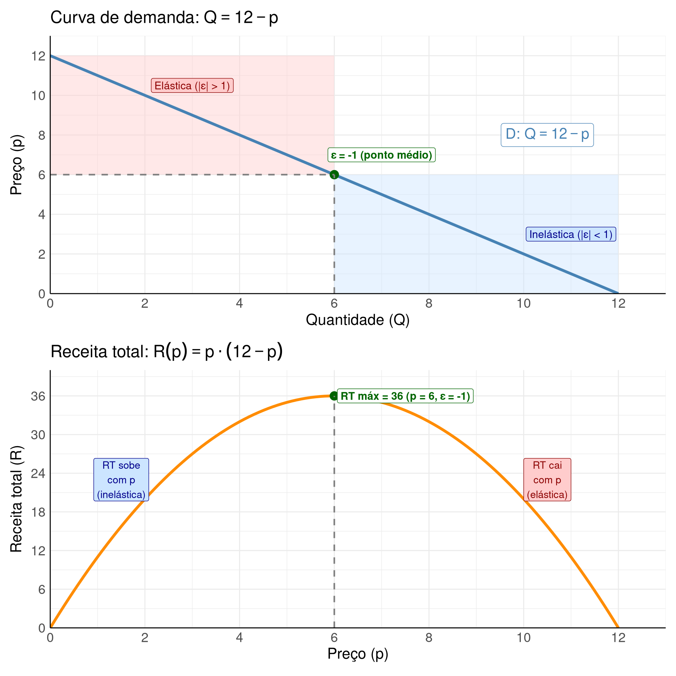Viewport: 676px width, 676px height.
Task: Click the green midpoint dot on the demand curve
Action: (334, 175)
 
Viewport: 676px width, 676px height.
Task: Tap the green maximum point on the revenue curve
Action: (333, 396)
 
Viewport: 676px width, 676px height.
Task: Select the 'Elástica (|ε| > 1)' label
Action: (192, 86)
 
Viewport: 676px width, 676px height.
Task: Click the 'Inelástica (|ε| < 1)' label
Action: (571, 234)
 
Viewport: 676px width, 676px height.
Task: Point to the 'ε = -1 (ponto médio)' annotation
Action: (382, 155)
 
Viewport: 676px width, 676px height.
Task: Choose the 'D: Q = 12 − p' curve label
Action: (547, 134)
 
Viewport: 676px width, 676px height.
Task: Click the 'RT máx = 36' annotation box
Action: (405, 396)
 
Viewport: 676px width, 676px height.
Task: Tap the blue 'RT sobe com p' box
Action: (121, 480)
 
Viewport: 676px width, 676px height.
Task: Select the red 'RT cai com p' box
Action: (547, 480)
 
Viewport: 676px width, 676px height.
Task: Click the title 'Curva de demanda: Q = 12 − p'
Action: (164, 18)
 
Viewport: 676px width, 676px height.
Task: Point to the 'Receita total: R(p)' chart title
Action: (167, 351)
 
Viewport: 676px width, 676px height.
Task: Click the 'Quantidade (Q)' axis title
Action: (358, 320)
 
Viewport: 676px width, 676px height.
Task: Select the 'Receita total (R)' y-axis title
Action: (16, 499)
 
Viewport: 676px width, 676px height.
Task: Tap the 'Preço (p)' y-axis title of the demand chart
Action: (16, 165)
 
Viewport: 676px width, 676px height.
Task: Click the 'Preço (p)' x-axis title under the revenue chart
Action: (358, 654)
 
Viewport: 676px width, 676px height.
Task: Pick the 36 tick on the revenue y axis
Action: (38, 396)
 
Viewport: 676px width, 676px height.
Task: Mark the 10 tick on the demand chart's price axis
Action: (38, 96)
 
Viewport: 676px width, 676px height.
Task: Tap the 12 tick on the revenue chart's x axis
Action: (618, 638)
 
